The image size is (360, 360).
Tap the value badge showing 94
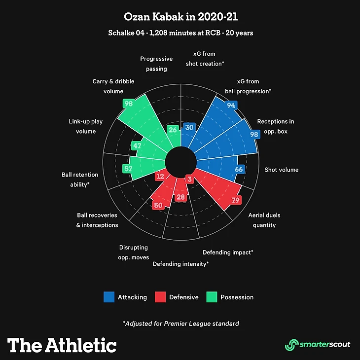point(231,106)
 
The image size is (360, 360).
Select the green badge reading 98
point(129,104)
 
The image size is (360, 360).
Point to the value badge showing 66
point(239,170)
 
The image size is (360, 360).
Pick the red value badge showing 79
point(235,200)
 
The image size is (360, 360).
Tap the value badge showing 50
point(158,205)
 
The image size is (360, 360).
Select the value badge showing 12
point(160,177)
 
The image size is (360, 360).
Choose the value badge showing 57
point(128,169)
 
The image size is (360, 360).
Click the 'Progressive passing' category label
point(156,64)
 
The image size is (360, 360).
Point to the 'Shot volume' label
point(281,170)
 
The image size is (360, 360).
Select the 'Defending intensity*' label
point(180,264)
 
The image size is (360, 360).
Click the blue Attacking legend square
point(109,297)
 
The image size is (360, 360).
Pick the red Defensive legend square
point(160,297)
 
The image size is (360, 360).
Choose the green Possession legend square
point(212,297)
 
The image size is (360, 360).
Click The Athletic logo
point(62,345)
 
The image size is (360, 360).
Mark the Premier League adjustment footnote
point(180,324)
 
